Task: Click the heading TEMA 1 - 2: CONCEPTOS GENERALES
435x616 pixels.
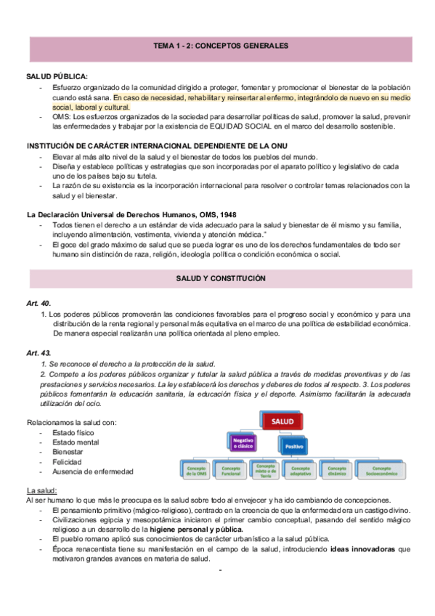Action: [x=221, y=46]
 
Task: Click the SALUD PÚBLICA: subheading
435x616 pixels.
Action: [x=57, y=76]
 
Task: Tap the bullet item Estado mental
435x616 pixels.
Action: [x=78, y=442]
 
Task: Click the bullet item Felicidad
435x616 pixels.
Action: [x=68, y=462]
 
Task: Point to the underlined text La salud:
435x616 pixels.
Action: [x=40, y=490]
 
